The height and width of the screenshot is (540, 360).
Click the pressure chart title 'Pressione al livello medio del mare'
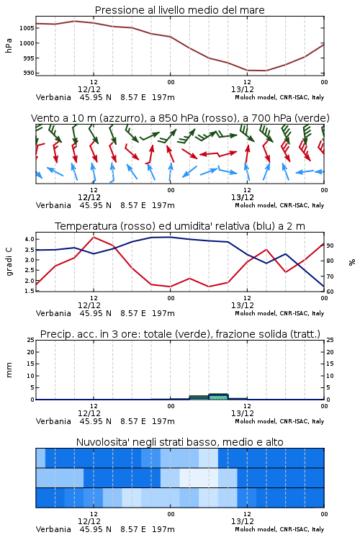179,10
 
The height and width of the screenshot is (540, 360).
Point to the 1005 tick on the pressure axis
27,28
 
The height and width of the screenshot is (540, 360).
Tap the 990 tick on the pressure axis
28,73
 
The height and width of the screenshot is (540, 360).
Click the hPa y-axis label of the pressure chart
9,45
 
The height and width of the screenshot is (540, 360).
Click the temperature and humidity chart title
180,226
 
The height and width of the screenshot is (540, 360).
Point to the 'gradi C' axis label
9,262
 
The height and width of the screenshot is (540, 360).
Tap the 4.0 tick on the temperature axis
30,239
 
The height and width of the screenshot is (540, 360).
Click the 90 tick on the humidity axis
330,246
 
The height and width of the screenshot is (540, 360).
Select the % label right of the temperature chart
352,262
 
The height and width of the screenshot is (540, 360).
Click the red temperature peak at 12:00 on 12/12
94,237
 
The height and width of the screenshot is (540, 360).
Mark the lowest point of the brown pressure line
256,71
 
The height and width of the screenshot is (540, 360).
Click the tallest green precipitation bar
218,397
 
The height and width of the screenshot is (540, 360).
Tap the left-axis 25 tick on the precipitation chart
31,340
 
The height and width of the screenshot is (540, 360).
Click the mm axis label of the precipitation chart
9,370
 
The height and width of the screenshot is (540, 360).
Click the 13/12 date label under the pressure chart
243,89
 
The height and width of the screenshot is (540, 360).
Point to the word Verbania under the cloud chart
53,529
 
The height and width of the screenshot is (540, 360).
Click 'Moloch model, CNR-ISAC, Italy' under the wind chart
279,205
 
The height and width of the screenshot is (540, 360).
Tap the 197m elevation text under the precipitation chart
163,421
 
